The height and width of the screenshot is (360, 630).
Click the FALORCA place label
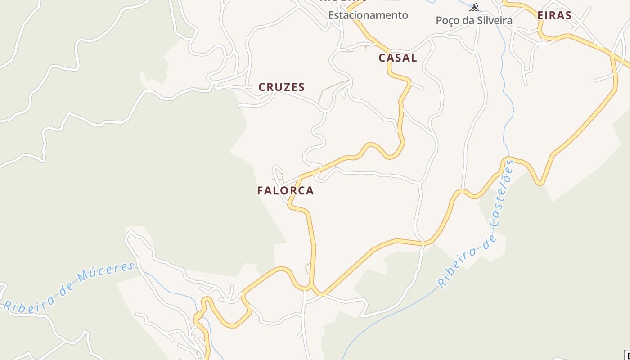(x=285, y=191)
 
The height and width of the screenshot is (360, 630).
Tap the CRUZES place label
(x=281, y=87)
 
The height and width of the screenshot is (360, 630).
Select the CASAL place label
(x=397, y=58)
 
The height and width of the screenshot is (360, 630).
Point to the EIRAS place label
(x=554, y=16)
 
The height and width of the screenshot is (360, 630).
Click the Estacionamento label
(x=368, y=15)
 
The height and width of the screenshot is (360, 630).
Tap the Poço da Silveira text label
(x=474, y=21)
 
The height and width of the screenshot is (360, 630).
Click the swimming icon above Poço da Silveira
(x=474, y=7)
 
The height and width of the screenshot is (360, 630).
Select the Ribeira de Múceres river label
(x=70, y=286)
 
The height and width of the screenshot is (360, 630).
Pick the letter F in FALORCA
(x=260, y=191)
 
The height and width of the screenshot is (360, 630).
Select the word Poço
(x=447, y=21)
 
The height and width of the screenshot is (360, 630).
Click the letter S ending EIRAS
(x=568, y=16)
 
